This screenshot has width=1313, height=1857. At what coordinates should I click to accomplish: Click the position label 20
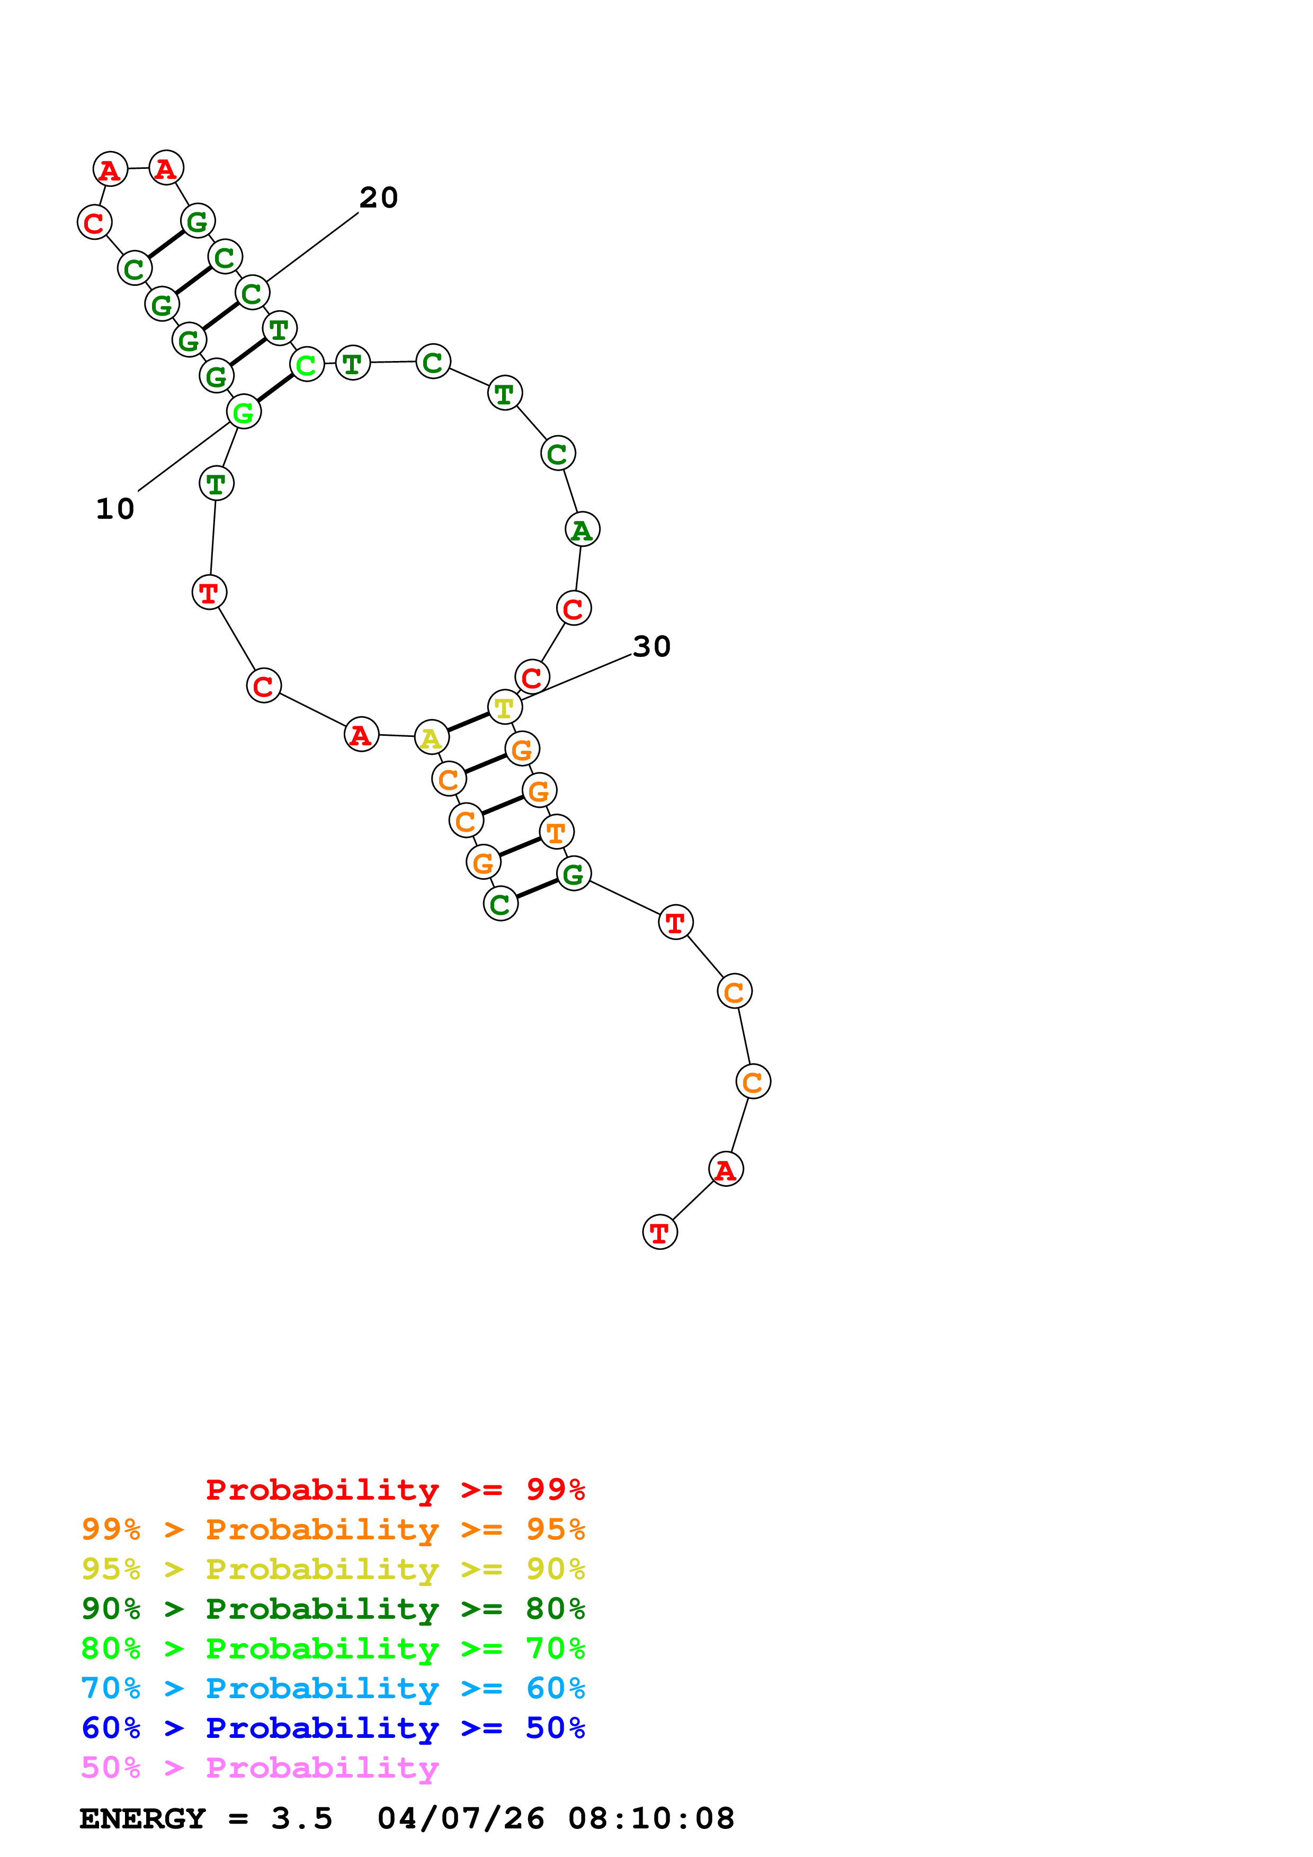click(x=379, y=197)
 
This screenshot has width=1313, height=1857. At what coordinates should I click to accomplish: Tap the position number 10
click(x=115, y=509)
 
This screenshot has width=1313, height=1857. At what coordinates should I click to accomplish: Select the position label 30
click(x=651, y=646)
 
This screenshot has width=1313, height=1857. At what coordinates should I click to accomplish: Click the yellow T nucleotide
click(x=505, y=708)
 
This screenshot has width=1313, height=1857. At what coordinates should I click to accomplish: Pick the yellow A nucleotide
click(x=431, y=737)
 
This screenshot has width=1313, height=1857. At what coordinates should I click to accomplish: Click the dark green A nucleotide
click(x=582, y=530)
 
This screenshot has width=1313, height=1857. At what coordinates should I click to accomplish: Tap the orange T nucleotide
click(x=556, y=832)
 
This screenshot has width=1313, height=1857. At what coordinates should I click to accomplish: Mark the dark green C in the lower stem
click(x=500, y=904)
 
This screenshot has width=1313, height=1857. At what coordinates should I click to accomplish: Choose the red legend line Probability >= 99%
click(x=395, y=1490)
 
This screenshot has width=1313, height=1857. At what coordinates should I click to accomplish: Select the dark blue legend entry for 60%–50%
click(x=333, y=1728)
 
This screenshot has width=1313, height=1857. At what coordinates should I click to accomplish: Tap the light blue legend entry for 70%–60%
click(x=333, y=1689)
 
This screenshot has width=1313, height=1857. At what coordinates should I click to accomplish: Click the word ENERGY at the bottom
click(x=142, y=1819)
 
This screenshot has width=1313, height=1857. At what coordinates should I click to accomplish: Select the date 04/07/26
click(x=460, y=1819)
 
